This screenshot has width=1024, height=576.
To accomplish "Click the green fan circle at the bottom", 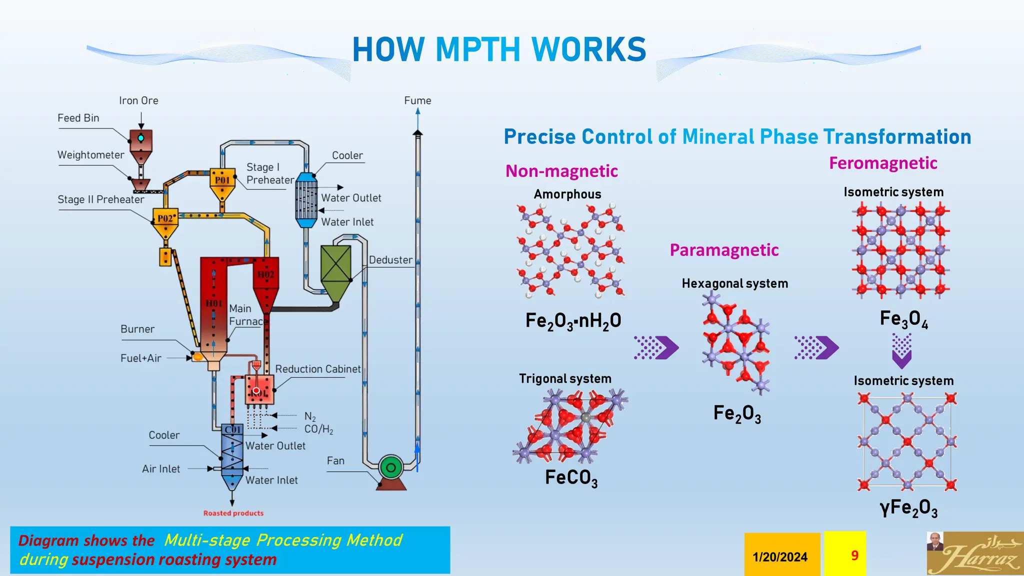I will coord(391,467).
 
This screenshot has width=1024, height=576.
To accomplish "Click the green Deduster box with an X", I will coord(335,264).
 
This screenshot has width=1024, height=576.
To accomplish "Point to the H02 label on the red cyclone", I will coord(266,274).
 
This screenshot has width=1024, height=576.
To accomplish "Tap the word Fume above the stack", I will coord(417,100).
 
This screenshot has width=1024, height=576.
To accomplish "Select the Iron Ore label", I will coord(138,100).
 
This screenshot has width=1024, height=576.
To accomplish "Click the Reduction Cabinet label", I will coord(317,369).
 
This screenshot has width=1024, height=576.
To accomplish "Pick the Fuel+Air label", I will coord(140,358).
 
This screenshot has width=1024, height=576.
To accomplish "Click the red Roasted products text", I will coord(233,513).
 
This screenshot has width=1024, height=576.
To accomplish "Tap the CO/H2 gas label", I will coord(318,429).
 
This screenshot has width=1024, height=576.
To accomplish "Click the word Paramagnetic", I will coord(724,250).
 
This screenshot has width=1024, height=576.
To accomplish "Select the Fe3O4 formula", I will coord(903,319).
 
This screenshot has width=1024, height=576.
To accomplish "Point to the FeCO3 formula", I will coord(571,477).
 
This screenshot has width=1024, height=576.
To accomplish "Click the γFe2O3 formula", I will coord(908,508).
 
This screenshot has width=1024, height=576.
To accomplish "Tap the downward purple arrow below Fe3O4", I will coord(901,351).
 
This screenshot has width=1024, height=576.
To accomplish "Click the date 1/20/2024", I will coord(780,556).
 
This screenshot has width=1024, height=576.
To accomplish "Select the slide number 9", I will coord(854,555).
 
